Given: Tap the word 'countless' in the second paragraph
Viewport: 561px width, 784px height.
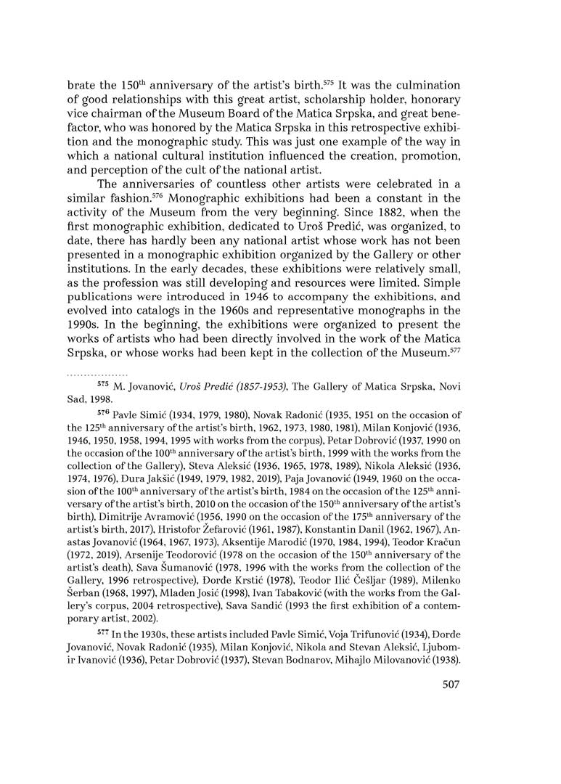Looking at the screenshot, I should (x=255, y=183).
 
